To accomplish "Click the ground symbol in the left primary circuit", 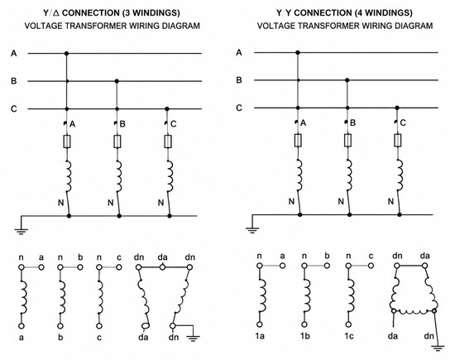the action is pyautogui.click(x=22, y=231).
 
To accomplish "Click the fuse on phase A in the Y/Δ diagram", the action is pyautogui.click(x=67, y=142).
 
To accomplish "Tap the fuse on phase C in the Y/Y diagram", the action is pyautogui.click(x=398, y=141).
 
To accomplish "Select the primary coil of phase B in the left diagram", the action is pyautogui.click(x=118, y=176).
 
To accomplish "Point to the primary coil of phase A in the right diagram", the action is pyautogui.click(x=299, y=175).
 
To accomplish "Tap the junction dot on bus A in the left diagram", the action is pyautogui.click(x=66, y=54).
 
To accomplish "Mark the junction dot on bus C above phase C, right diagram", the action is pyautogui.click(x=397, y=108).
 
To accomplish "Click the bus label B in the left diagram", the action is pyautogui.click(x=13, y=81).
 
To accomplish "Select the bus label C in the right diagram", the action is pyautogui.click(x=239, y=108).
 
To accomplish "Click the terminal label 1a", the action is pyautogui.click(x=260, y=336).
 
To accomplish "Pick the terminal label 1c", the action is pyautogui.click(x=349, y=336).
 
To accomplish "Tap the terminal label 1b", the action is pyautogui.click(x=304, y=336).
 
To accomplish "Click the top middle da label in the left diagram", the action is pyautogui.click(x=162, y=257).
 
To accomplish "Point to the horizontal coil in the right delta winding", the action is pyautogui.click(x=414, y=311).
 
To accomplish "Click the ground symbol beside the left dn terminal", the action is pyautogui.click(x=193, y=338).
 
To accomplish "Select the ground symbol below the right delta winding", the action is pyautogui.click(x=438, y=348).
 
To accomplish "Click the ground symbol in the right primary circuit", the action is pyautogui.click(x=252, y=230).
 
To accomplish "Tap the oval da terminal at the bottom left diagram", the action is pyautogui.click(x=146, y=326).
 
